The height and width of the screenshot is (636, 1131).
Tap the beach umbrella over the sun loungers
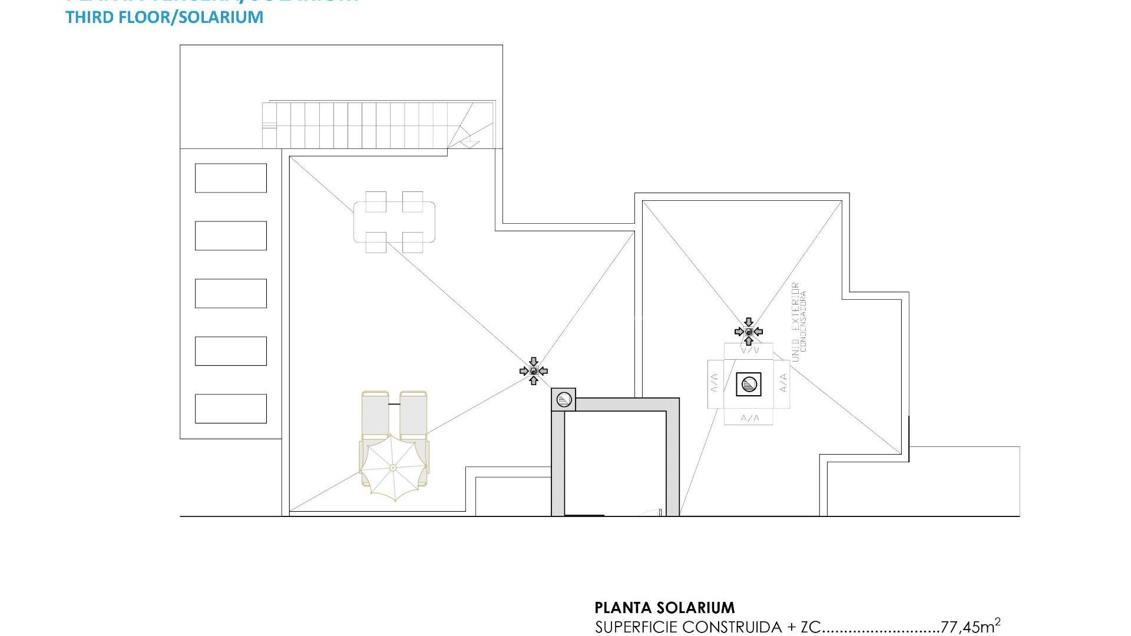393,468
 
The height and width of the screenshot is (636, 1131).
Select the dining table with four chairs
394,221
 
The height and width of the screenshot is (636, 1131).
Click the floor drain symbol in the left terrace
534,371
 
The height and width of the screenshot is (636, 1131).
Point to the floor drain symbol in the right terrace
749,332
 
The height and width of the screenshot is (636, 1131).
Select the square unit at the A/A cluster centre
749,385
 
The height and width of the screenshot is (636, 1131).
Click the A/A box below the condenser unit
749,418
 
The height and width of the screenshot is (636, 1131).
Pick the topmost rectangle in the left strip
230,178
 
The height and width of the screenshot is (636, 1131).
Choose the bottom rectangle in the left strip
230,409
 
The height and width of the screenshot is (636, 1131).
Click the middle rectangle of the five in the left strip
230,293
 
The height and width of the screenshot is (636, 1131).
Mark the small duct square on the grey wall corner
564,400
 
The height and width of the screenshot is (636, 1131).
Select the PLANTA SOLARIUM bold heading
664,607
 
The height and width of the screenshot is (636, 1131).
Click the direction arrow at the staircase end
469,142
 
